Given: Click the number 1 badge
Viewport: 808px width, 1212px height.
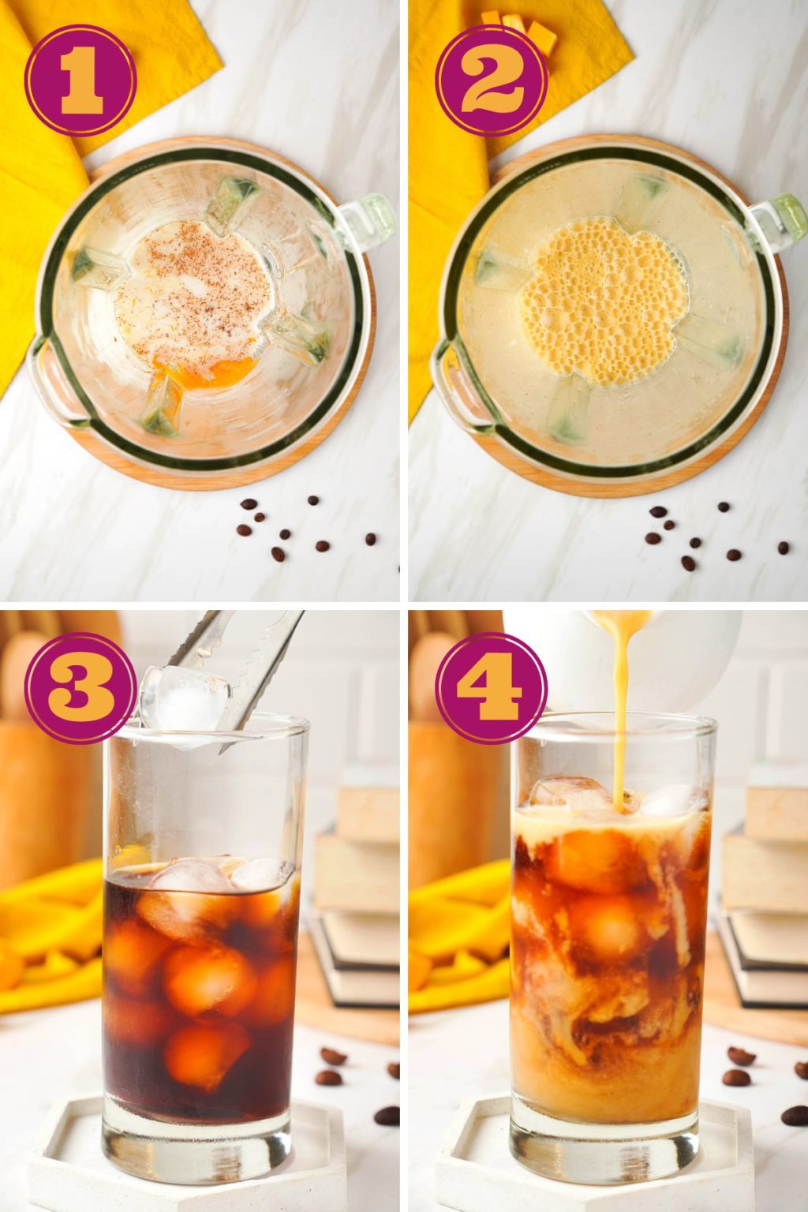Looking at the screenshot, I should [x=80, y=80].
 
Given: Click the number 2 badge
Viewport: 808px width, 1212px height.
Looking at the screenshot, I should [x=492, y=80].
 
